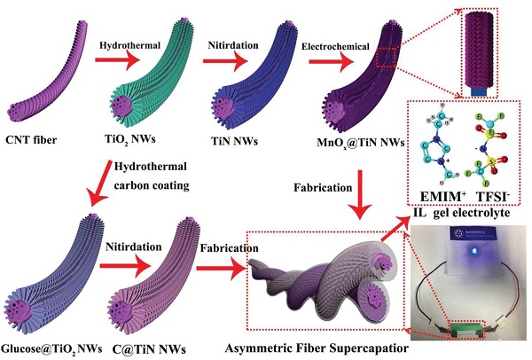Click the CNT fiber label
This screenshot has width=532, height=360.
coord(36,140)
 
